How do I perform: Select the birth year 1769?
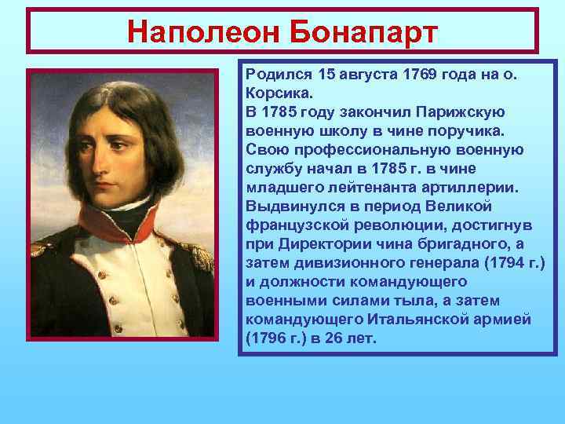[423, 75]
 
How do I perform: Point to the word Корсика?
[274, 92]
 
